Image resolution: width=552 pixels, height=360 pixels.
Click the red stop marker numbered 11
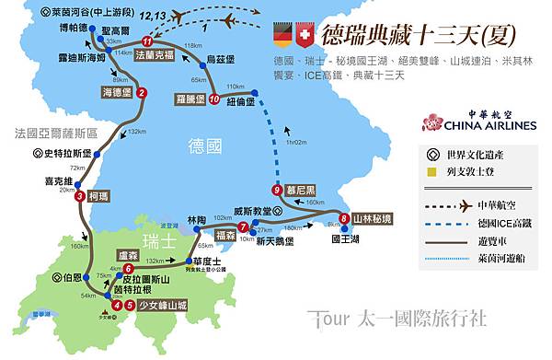[x=148, y=42]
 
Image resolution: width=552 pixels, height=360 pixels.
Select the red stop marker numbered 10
[x=213, y=99]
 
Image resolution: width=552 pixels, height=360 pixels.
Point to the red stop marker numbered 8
[x=344, y=218]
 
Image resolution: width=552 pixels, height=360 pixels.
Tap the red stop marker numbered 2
[x=141, y=92]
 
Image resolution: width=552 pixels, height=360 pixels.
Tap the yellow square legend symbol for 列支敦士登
[x=433, y=170]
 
